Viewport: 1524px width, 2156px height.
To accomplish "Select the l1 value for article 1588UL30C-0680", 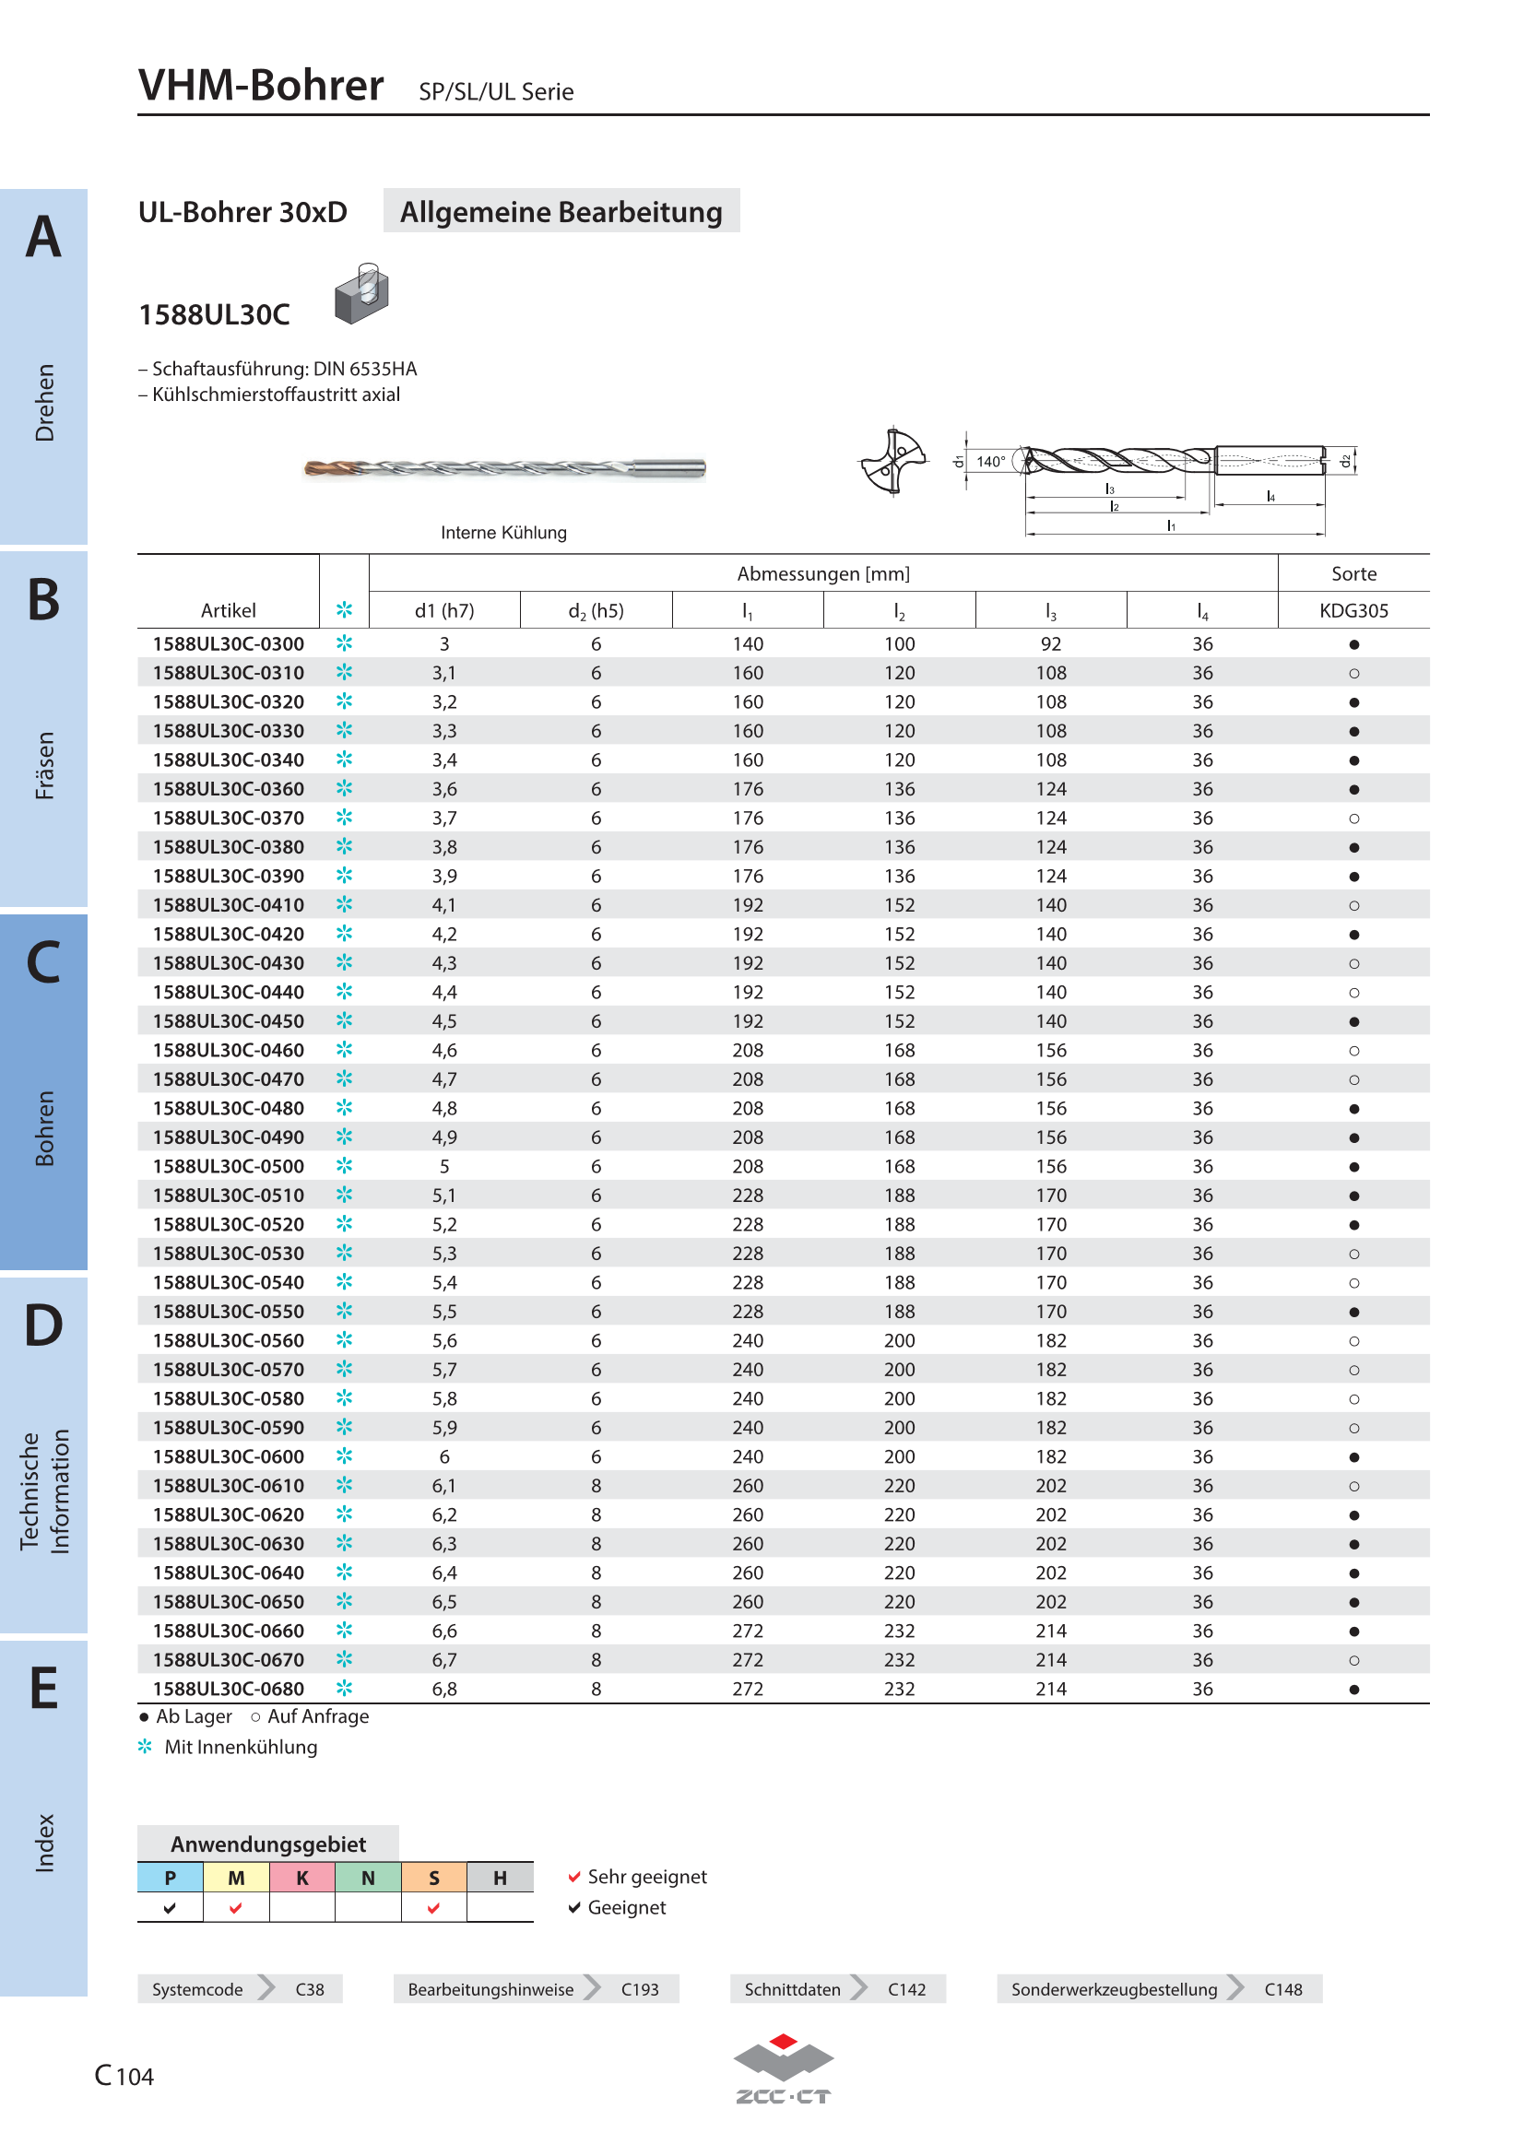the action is pos(748,1690).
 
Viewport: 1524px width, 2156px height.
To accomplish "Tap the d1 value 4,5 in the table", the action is pos(444,1021).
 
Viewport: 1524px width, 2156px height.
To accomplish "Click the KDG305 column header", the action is pos(1353,610).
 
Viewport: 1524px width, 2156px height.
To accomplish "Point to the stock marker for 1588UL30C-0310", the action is pos(1353,673).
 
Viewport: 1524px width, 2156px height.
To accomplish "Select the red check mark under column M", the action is pos(236,1907).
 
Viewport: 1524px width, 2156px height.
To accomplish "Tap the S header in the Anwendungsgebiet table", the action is pos(434,1877).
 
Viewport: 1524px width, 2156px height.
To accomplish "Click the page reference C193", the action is pos(640,1989).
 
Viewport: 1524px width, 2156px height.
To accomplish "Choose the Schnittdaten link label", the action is pos(793,1989).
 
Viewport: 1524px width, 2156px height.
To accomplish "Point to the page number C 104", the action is pos(124,2075).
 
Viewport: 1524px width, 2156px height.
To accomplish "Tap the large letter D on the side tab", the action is pos(43,1325).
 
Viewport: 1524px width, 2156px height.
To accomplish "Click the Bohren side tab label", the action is pos(44,1127).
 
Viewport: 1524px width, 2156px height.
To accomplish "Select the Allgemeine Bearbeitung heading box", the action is pos(561,211).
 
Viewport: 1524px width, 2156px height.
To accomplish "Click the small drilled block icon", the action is pos(361,293).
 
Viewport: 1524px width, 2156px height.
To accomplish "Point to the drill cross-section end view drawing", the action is pos(893,460).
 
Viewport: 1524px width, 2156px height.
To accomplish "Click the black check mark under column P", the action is pos(169,1907).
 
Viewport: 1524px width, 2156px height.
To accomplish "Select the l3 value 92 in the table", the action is pos(1051,644).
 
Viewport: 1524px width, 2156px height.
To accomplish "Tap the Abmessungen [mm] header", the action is pos(822,573).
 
